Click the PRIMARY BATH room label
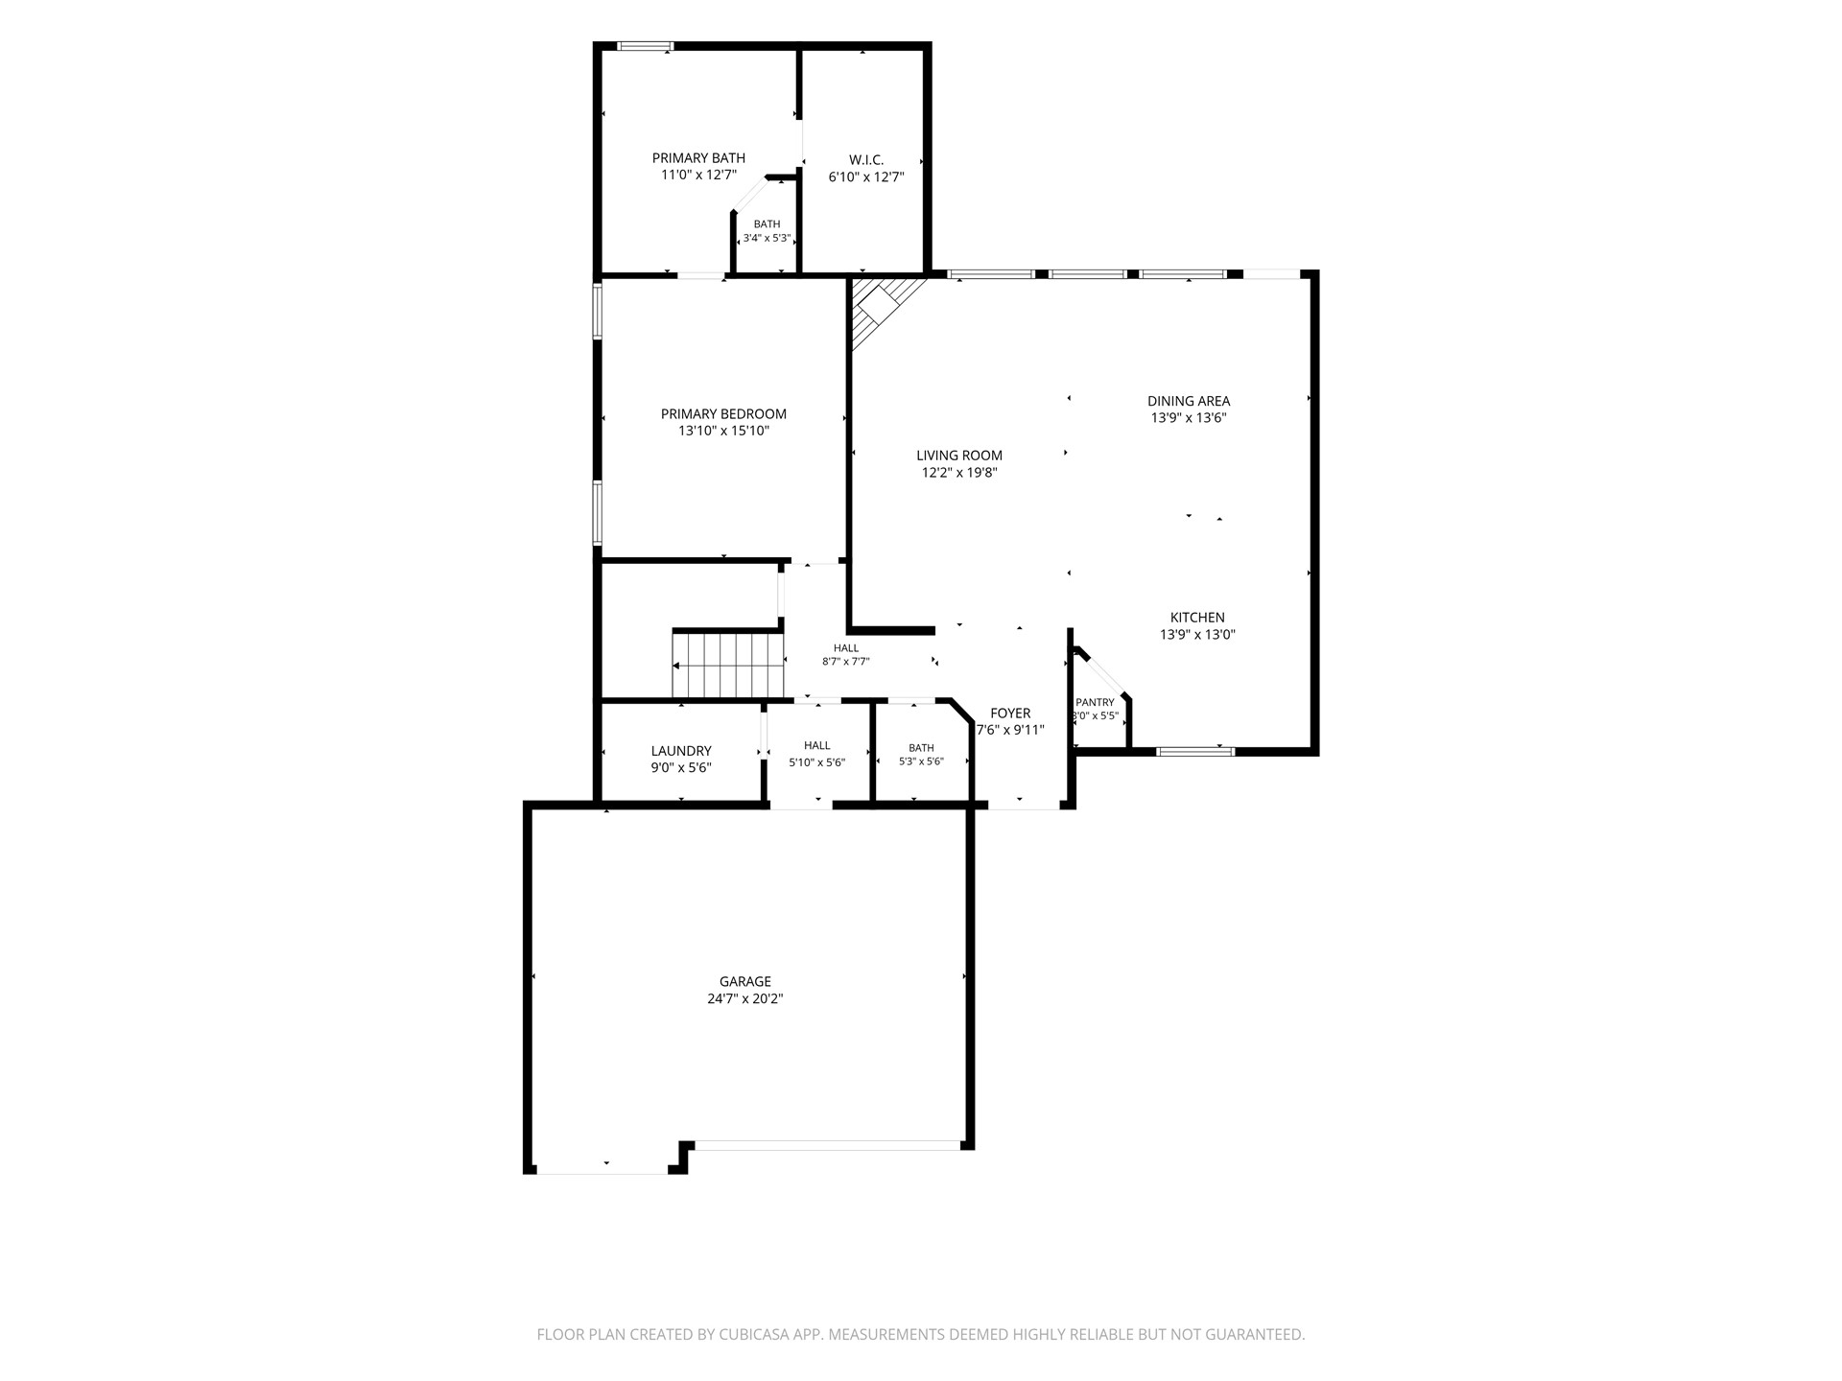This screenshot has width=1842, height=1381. click(698, 158)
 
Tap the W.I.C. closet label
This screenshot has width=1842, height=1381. click(866, 160)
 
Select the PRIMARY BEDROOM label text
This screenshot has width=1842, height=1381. click(723, 414)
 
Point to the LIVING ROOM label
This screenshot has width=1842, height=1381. click(959, 456)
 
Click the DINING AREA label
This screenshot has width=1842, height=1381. click(1189, 401)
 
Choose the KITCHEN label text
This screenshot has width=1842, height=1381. click(1197, 618)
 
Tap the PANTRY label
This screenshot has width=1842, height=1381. click(1095, 702)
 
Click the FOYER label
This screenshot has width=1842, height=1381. click(1010, 714)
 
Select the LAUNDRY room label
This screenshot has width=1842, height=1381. click(681, 751)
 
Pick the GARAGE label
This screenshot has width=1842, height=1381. click(745, 981)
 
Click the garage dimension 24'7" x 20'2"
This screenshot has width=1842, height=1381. click(745, 998)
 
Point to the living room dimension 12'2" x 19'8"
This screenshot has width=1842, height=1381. click(959, 473)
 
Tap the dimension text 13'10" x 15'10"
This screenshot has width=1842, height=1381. click(723, 432)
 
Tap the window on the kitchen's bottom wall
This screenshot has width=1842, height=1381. click(1194, 751)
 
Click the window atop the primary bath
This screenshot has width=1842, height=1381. click(645, 46)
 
